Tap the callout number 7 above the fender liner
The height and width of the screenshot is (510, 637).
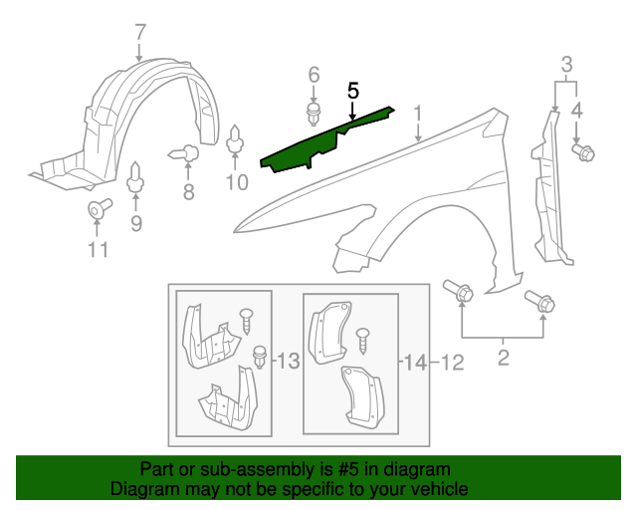pos(140,31)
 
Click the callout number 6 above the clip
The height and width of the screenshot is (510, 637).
pos(314,75)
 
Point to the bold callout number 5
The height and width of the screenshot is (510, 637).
pos(352,90)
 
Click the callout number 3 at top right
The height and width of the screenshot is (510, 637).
pos(566,67)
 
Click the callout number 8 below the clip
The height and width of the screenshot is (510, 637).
pos(188,192)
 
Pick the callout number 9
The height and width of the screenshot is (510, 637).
pos(136,224)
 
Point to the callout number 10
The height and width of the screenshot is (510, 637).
pos(236,181)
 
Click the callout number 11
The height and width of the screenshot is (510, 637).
pos(97,249)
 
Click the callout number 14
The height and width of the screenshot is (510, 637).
pos(415,364)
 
